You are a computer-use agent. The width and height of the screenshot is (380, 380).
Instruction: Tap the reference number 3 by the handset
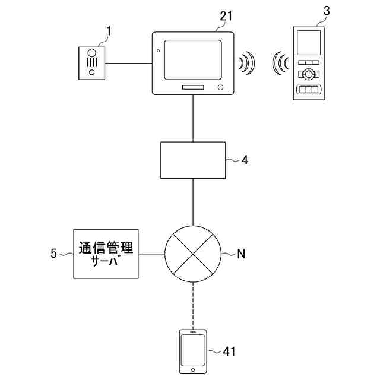[325, 11]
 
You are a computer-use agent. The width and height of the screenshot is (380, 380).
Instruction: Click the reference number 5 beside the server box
[54, 254]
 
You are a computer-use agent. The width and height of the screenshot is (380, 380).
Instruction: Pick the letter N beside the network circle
[241, 254]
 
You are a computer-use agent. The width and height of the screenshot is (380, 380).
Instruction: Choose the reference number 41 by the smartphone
[230, 351]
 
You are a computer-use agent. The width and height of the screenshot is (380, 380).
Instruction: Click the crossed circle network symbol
[194, 254]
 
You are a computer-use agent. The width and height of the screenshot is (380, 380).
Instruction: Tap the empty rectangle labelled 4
[194, 160]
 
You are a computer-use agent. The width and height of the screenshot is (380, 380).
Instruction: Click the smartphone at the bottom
[194, 351]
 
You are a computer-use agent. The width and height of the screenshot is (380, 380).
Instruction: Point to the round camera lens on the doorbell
[93, 53]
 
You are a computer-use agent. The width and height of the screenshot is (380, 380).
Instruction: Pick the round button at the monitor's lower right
[221, 87]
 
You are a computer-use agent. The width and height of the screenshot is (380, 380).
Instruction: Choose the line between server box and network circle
[151, 254]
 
